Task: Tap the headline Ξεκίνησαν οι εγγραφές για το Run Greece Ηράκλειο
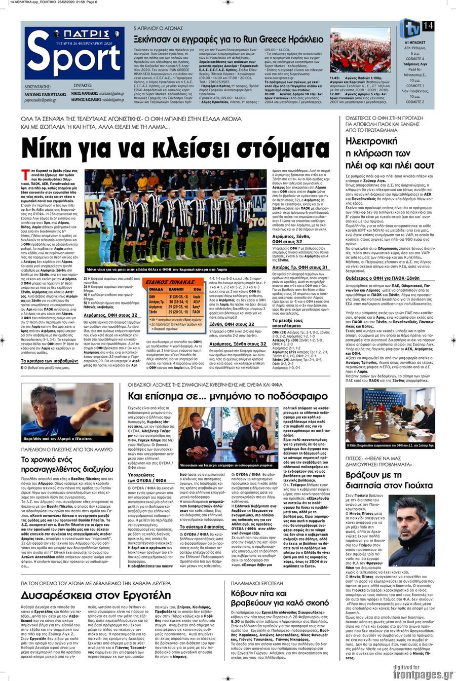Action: [x=228, y=39]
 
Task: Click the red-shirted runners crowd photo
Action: [x=360, y=50]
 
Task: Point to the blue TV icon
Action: [x=409, y=28]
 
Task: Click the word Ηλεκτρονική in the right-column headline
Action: [x=372, y=141]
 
